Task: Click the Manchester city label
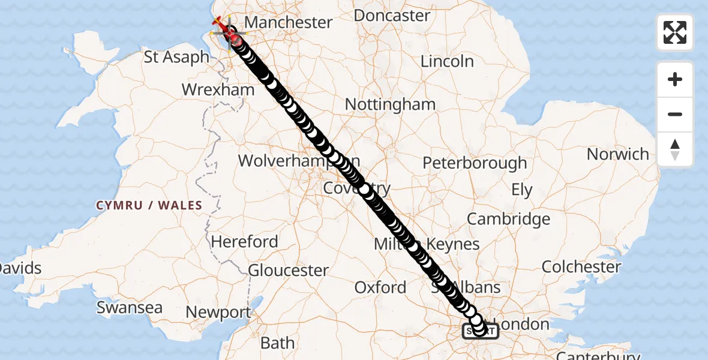coord(288,23)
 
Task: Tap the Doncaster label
coord(392,15)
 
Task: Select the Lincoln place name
coord(447,61)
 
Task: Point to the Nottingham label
coord(390,104)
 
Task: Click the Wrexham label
coord(218,91)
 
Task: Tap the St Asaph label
coord(177,58)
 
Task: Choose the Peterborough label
coord(475,163)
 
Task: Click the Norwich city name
coord(618,154)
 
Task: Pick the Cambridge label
coord(508,220)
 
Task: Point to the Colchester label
coord(581,266)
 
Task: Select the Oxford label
coord(380,288)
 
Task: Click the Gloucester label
coord(288,271)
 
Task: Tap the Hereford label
coord(244,242)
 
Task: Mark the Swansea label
coord(130,308)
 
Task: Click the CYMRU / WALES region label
coord(149,205)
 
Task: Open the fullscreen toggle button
coord(675,32)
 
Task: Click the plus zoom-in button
coord(675,79)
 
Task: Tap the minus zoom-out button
coord(675,114)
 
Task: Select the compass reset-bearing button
coord(675,149)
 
